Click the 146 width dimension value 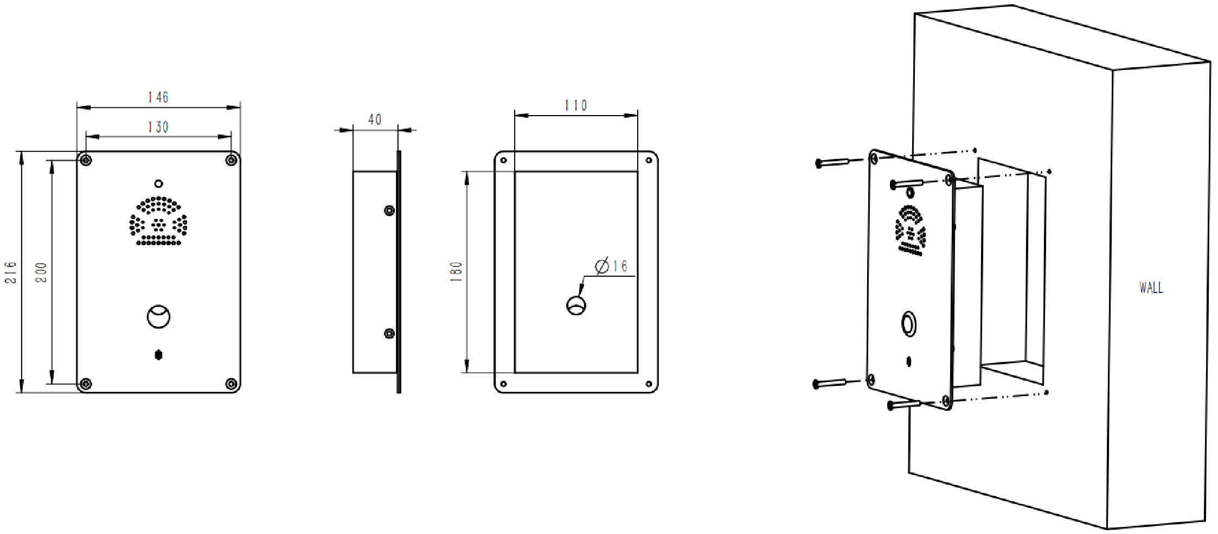pos(158,97)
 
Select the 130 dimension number pos(158,127)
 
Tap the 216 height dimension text pos(11,272)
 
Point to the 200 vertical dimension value pos(41,272)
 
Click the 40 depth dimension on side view pos(375,119)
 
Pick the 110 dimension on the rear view pos(576,105)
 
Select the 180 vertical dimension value pos(456,271)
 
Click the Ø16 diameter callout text pos(611,266)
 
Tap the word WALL pos(1151,288)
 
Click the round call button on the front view pos(158,316)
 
